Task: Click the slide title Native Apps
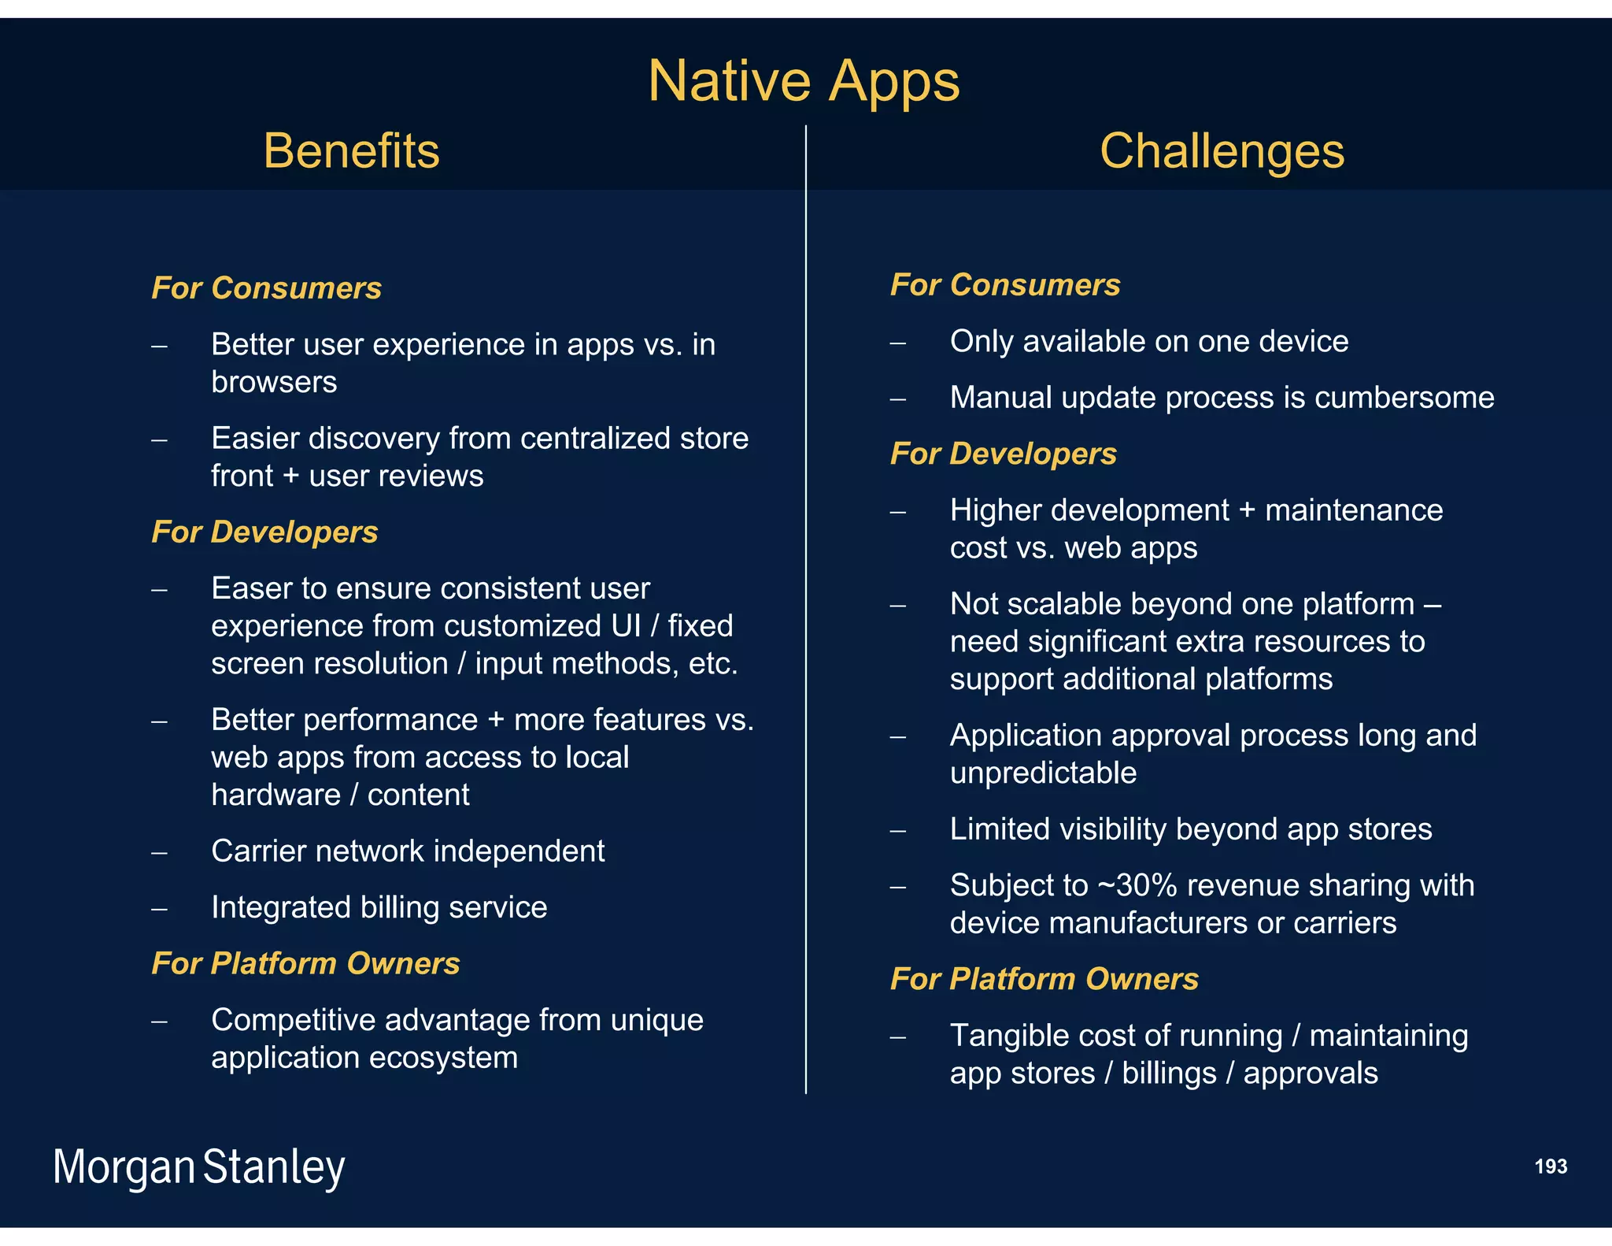click(x=804, y=81)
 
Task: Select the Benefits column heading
click(x=351, y=150)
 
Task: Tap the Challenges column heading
click(x=1222, y=150)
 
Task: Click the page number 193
click(x=1550, y=1166)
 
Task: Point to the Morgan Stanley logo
click(x=198, y=1167)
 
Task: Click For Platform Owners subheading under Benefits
click(x=305, y=963)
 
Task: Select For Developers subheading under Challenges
click(x=1003, y=454)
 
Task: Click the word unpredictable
click(x=1043, y=773)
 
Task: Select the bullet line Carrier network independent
click(x=408, y=851)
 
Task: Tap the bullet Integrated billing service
click(x=379, y=907)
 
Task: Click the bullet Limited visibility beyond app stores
click(x=1190, y=829)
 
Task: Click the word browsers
click(x=274, y=382)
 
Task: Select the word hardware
click(x=275, y=795)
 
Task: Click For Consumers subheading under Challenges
click(x=1004, y=285)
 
